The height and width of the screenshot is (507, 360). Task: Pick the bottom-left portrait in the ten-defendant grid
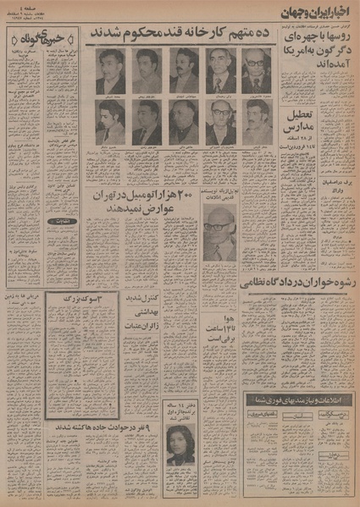[x=110, y=124]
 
